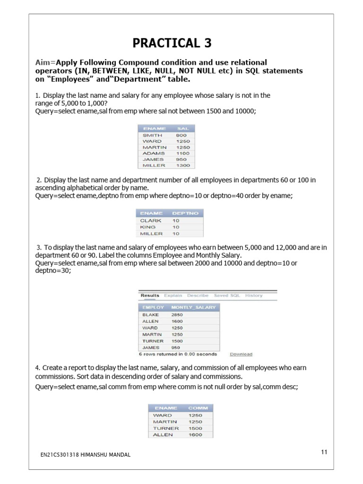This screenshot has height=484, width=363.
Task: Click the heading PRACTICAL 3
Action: [172, 43]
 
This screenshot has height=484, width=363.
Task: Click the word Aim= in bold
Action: [45, 62]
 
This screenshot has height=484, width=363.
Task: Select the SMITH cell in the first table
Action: [152, 135]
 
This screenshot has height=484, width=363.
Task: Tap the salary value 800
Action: [181, 135]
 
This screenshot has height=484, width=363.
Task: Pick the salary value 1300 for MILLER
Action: [182, 166]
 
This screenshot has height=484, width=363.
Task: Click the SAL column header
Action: [182, 129]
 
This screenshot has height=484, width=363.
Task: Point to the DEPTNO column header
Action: [185, 214]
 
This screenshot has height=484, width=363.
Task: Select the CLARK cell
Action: [151, 221]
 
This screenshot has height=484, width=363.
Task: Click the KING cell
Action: [147, 227]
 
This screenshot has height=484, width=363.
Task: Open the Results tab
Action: [150, 295]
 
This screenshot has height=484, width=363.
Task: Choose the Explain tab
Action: [173, 295]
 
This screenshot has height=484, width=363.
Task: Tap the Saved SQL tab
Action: [227, 295]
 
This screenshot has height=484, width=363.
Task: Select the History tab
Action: [254, 295]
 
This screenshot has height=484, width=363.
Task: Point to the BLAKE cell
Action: [150, 315]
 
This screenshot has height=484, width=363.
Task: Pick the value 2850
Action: [177, 315]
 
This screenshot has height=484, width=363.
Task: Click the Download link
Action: [241, 354]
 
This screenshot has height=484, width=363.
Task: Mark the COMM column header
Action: [197, 408]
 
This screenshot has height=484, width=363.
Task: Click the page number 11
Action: [324, 452]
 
